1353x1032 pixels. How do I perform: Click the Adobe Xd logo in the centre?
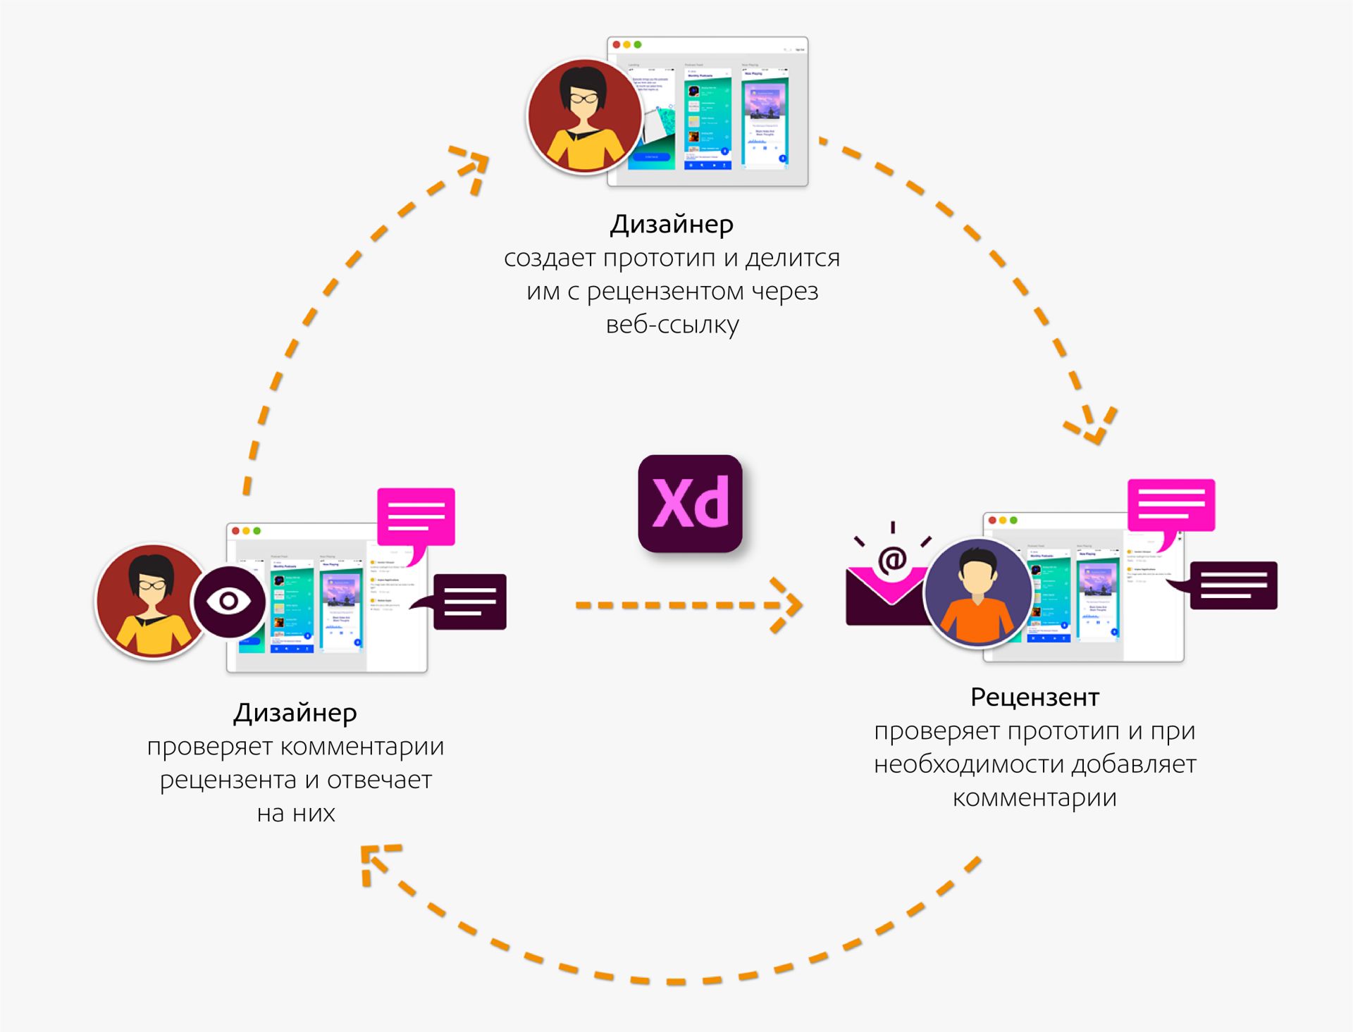coord(690,503)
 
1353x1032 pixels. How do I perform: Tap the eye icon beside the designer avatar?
coord(228,601)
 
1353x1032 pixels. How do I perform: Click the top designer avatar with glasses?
coord(584,116)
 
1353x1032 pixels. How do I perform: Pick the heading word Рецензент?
coord(1034,697)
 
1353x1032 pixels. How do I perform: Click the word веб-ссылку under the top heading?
coord(672,325)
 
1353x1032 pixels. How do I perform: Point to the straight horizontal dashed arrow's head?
coord(789,604)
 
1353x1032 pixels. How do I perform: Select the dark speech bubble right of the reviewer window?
coord(1232,585)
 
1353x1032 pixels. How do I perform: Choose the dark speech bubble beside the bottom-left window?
coord(469,602)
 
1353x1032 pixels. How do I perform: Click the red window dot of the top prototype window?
coord(617,44)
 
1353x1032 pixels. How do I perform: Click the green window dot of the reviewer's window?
coord(1013,520)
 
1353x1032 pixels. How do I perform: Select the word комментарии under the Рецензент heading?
coord(1034,797)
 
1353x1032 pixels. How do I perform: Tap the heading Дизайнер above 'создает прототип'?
coord(672,224)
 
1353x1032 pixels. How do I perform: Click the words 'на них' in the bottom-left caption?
coord(296,813)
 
